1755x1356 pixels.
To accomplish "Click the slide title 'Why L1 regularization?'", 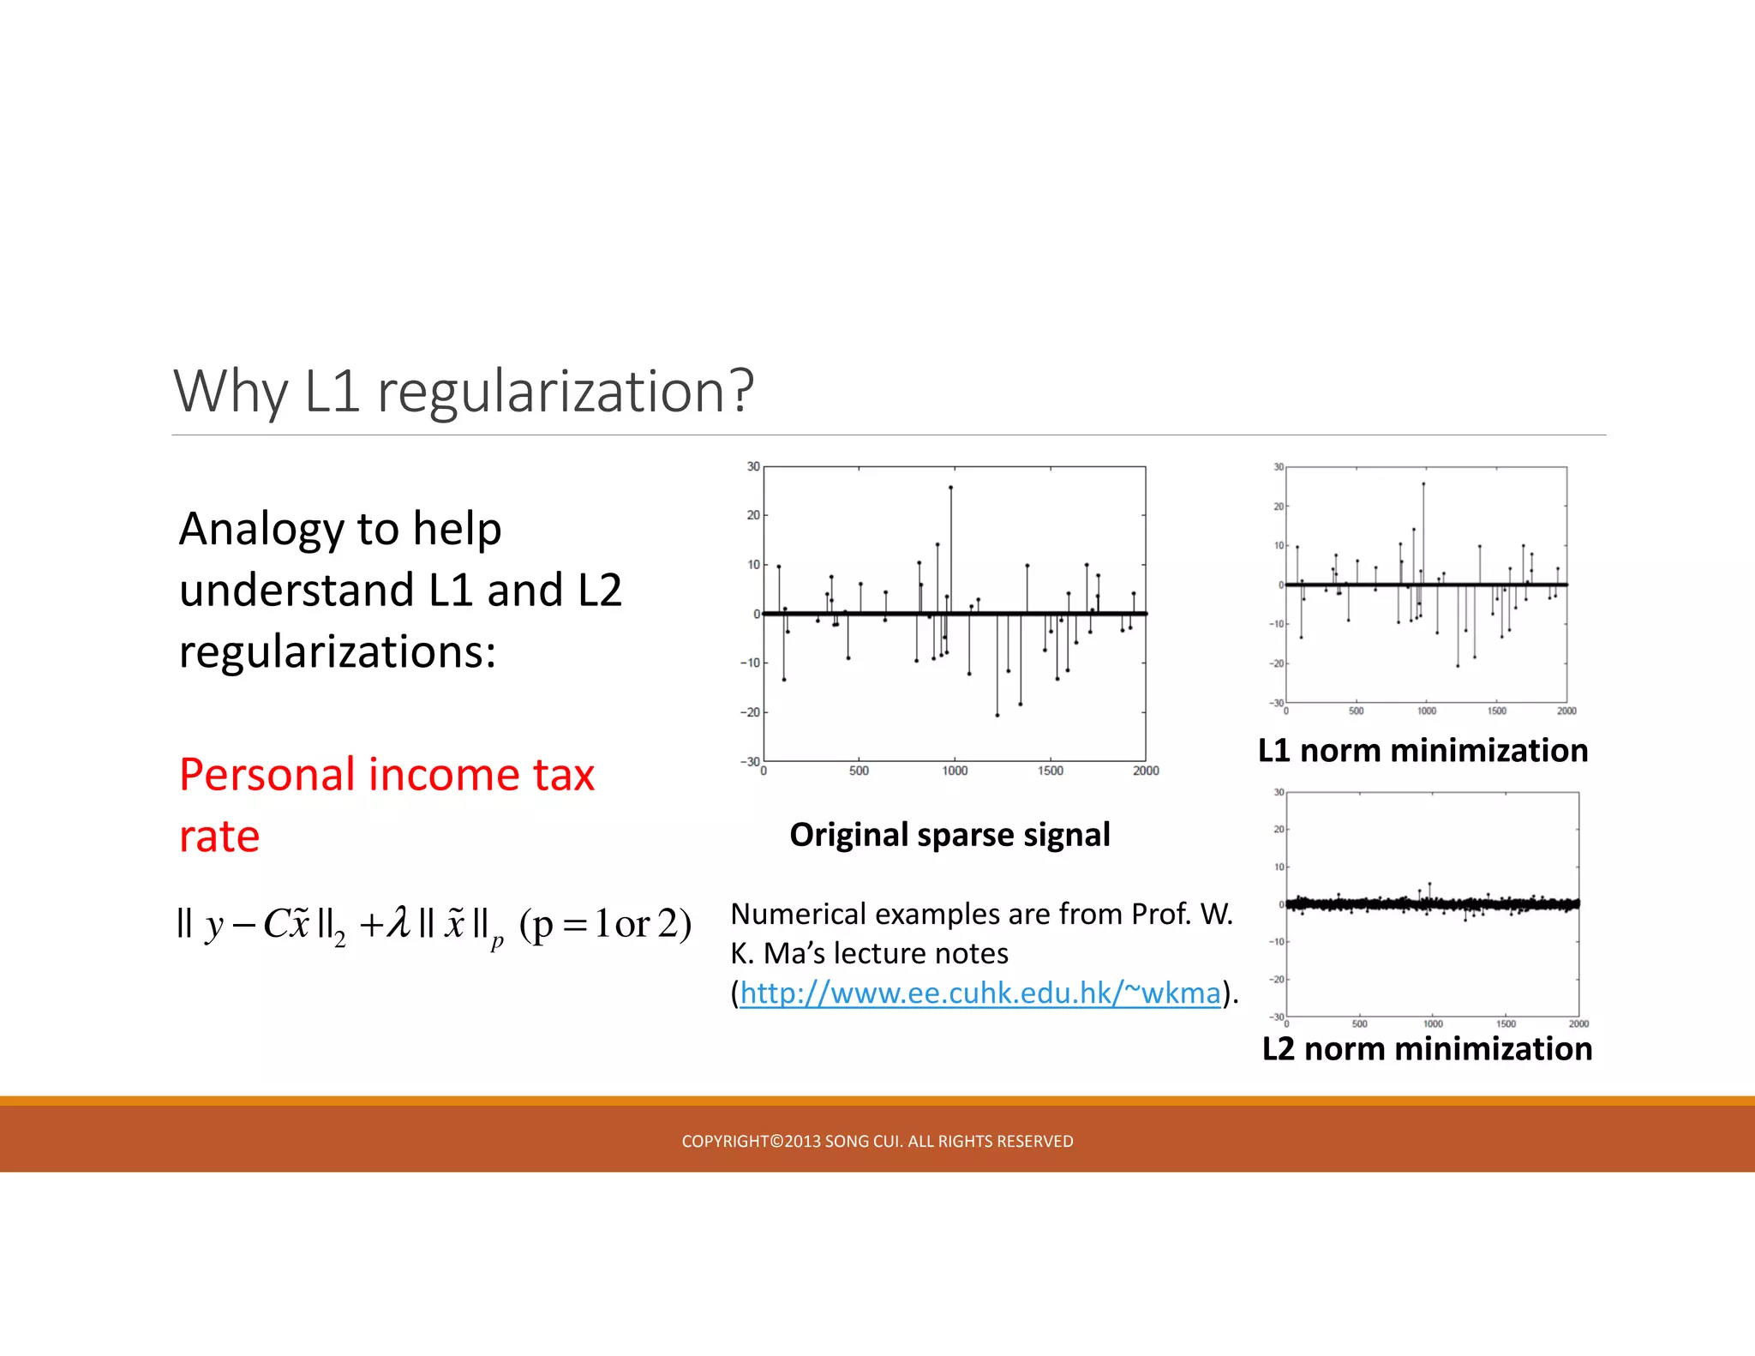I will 464,391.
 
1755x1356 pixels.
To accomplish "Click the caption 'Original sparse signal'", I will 949,835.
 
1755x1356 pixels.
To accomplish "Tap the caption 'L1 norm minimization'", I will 1423,751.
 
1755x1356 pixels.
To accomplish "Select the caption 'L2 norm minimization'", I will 1427,1049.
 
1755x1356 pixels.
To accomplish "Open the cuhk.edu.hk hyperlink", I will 979,993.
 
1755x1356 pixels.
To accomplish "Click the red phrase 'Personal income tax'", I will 386,775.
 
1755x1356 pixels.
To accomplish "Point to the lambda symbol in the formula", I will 398,924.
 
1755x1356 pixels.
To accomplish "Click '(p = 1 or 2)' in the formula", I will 605,924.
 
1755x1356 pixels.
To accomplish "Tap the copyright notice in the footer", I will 877,1141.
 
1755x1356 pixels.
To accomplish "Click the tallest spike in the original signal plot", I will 950,488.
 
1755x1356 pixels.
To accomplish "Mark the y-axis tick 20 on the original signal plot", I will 753,515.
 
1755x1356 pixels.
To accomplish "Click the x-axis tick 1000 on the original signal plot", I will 955,771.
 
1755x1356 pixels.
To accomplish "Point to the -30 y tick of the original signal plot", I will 750,761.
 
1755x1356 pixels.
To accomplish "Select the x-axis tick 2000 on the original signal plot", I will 1146,771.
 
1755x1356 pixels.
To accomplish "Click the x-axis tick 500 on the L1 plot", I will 1356,711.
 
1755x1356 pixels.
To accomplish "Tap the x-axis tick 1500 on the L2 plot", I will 1506,1023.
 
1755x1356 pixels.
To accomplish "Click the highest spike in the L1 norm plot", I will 1423,484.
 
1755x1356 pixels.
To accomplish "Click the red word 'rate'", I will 219,837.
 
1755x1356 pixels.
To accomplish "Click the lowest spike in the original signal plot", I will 997,715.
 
